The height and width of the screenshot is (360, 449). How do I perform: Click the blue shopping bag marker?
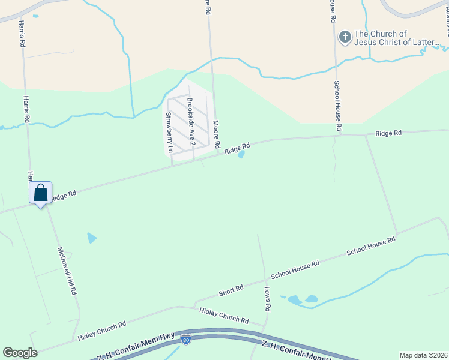(40, 193)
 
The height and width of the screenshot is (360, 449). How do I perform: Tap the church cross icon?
(345, 38)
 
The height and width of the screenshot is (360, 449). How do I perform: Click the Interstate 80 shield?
(186, 340)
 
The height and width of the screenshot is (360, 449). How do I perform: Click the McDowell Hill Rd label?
(67, 271)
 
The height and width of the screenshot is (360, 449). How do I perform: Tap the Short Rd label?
(231, 290)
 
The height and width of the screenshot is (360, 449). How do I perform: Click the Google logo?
(20, 353)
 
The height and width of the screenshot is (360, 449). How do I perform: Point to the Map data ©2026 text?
(423, 355)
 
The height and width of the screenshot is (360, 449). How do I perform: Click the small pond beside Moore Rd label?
(241, 154)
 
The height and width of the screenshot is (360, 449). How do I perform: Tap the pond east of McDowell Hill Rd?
(91, 238)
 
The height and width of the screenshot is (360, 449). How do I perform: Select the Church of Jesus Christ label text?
(397, 38)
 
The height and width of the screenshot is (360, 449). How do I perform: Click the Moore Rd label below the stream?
(216, 135)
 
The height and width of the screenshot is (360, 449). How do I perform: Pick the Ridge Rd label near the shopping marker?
(64, 195)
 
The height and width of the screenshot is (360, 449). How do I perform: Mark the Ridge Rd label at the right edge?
(388, 133)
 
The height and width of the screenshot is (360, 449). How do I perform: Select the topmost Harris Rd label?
(22, 34)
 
